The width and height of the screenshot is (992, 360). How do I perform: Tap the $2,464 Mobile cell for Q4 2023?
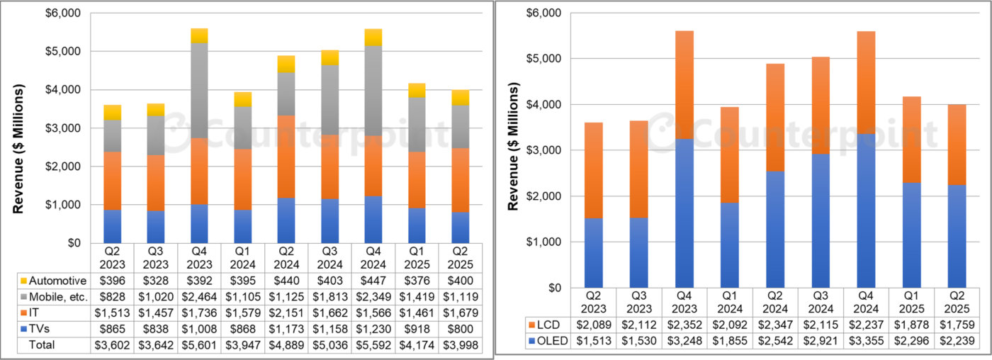pos(199,297)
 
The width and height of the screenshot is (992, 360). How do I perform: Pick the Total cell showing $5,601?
pos(199,345)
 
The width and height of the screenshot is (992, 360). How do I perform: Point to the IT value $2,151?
pos(286,313)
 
